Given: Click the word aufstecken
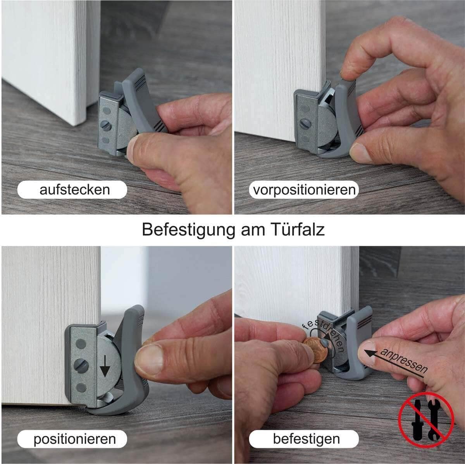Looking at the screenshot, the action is [74, 190].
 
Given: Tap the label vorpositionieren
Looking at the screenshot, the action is [305, 190].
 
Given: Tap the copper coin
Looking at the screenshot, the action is [316, 350].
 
